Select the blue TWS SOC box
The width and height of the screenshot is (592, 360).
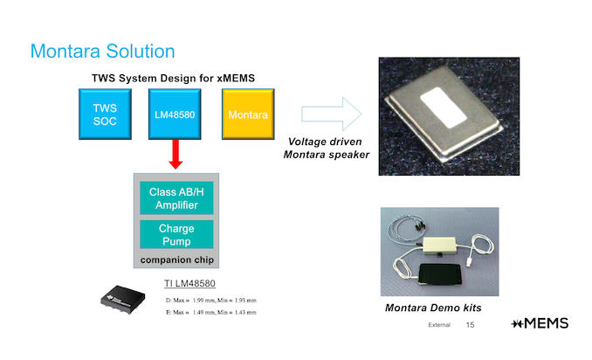(x=104, y=114)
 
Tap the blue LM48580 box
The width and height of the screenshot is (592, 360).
(x=175, y=114)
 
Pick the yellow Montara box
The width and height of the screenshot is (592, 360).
(x=247, y=114)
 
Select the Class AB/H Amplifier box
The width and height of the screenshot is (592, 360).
(x=176, y=197)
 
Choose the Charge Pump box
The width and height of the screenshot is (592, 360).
(x=176, y=234)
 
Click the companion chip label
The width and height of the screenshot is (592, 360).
(x=175, y=260)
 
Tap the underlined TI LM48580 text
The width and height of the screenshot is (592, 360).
(x=189, y=283)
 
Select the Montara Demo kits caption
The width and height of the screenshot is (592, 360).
(x=434, y=308)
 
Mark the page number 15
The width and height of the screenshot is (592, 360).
(x=470, y=325)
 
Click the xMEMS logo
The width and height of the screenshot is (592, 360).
(x=540, y=323)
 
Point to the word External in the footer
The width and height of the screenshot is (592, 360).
(x=438, y=325)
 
